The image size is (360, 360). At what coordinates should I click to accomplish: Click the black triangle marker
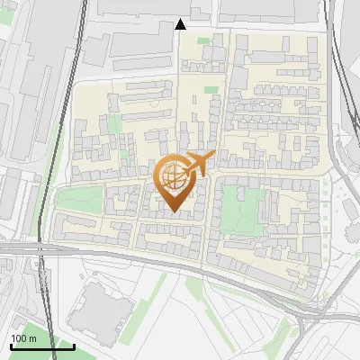180,24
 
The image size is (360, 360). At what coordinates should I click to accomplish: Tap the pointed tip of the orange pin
172,211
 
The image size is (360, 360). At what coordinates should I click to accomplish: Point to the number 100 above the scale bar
20,338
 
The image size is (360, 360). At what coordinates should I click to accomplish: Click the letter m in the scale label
32,338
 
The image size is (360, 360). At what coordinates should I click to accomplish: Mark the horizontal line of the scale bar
42,346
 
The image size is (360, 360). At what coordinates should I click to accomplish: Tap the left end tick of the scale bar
11,344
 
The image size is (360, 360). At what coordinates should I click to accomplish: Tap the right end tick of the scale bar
74,344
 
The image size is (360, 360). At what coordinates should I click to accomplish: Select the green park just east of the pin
234,207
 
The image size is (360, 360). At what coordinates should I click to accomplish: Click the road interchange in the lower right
310,310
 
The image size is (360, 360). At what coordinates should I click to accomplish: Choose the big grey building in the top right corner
270,9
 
